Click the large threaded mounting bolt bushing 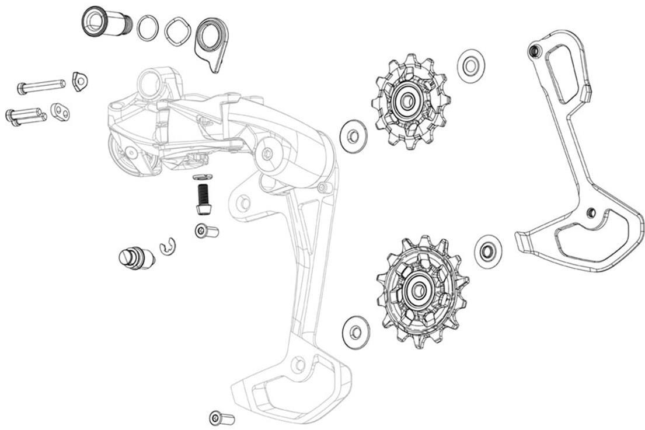click(x=106, y=22)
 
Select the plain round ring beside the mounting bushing click(x=148, y=28)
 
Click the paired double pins click(x=26, y=115)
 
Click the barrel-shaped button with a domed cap click(x=136, y=257)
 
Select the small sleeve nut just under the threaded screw click(x=206, y=232)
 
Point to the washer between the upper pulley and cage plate click(x=471, y=65)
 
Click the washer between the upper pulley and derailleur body click(x=353, y=137)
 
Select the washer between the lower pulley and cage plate click(x=488, y=251)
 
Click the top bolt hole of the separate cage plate click(x=533, y=52)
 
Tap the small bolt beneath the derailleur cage click(x=221, y=418)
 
